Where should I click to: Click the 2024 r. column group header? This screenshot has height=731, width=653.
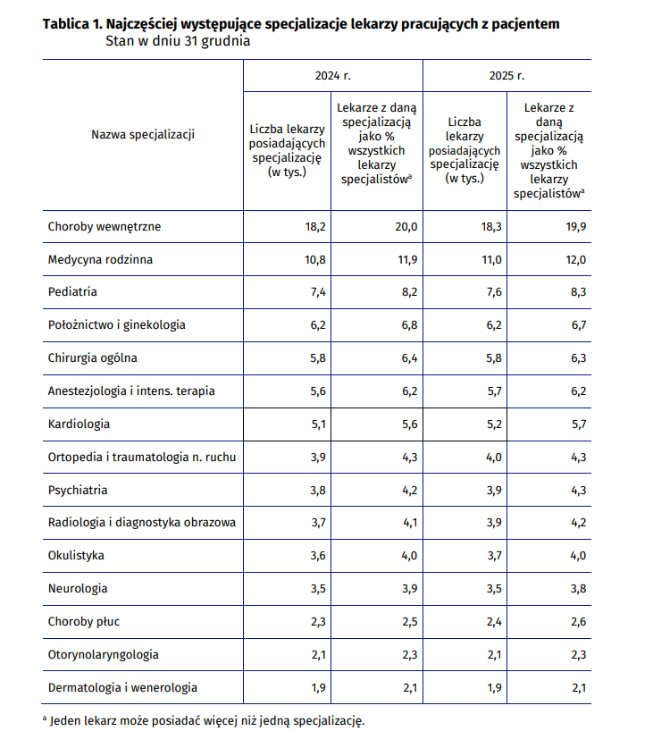coord(333,76)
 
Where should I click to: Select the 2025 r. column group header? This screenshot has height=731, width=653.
coord(506,76)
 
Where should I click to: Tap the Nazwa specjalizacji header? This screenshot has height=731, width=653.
coord(143,135)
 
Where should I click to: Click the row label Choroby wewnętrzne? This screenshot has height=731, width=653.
coord(105,227)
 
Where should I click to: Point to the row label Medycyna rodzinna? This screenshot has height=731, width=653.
coord(100,260)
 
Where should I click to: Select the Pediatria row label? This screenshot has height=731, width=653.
coord(72,292)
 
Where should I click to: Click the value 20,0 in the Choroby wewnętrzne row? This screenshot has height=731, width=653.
coord(406,227)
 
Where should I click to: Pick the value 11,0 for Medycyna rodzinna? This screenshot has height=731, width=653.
coord(491,260)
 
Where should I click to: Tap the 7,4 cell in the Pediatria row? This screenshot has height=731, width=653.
coord(318,292)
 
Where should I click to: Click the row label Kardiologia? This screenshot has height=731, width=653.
coord(79,424)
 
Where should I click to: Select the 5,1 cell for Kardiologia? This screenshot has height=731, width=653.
coord(319,424)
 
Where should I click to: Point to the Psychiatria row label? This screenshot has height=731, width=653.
coord(78,490)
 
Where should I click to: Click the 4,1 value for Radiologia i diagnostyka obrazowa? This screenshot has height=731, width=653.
coord(410,523)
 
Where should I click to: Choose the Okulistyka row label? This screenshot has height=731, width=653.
coord(76,556)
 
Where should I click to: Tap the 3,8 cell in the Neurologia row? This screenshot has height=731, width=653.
coord(579,589)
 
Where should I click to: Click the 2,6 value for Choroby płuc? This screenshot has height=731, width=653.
coord(579,622)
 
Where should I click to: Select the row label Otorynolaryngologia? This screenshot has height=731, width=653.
coord(103,654)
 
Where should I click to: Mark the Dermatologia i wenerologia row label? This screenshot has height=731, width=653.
coord(122,687)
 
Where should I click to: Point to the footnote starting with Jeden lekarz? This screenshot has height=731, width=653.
coord(204,721)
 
